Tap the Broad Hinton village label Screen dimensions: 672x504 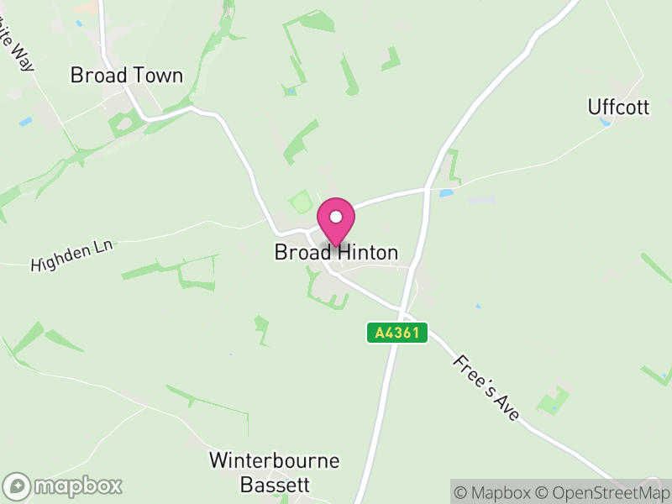336,252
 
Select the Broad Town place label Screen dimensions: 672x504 127,76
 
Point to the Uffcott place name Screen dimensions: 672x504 617,107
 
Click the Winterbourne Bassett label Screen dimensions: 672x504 275,472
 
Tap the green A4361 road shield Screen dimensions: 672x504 397,333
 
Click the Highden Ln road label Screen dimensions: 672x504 71,255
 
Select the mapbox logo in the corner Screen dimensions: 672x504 64,486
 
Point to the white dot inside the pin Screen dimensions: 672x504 336,217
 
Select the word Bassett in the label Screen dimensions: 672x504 275,485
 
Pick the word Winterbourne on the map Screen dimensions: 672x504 275,460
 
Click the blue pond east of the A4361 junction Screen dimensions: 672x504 446,193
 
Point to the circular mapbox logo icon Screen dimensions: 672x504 17,486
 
